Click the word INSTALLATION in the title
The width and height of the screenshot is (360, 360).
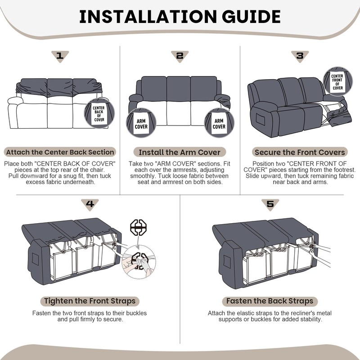click(148, 17)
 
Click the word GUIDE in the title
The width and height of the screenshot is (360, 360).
click(251, 17)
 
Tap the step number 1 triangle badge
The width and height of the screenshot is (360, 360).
click(60, 56)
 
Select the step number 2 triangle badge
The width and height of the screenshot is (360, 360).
click(180, 56)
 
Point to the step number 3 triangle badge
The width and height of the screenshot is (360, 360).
click(300, 56)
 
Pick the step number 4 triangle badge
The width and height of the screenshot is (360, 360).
click(90, 204)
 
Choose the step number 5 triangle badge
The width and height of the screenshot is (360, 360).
click(270, 204)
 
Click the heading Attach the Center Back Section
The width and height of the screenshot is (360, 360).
click(60, 152)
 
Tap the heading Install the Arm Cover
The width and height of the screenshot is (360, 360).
click(180, 152)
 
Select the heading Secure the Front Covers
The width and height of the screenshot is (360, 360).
click(300, 152)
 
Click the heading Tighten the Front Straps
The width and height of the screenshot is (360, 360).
click(90, 301)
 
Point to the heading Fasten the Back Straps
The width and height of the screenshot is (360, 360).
click(270, 301)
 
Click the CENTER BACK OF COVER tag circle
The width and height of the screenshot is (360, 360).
click(99, 113)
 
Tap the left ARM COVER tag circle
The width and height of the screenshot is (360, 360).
click(141, 123)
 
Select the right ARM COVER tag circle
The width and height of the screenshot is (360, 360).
click(219, 123)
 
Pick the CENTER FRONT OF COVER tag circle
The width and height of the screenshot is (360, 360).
click(337, 81)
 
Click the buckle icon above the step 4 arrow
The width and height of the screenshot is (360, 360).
click(139, 227)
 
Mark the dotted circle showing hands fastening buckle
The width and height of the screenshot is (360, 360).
click(139, 262)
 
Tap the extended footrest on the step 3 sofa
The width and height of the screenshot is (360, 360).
click(339, 117)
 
